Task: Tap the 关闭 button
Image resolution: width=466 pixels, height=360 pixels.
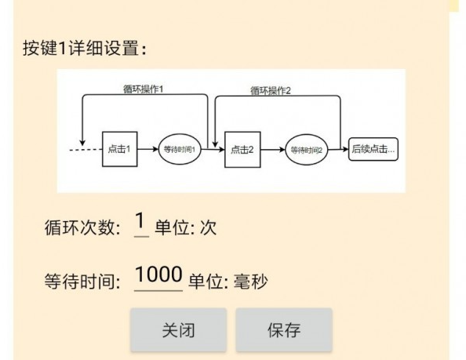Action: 178,330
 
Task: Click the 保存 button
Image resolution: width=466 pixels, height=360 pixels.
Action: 283,330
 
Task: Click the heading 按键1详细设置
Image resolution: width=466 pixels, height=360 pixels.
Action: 86,48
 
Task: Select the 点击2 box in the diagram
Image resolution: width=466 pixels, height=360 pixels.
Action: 242,150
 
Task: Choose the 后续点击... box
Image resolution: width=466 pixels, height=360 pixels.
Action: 373,148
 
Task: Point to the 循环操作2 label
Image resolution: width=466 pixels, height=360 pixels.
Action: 271,90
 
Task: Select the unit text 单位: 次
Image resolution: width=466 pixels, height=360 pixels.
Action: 185,228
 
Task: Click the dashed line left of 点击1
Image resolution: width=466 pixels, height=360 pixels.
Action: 86,148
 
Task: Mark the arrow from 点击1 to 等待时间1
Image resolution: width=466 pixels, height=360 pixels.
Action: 148,148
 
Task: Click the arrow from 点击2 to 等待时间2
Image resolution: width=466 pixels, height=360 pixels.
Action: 271,149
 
